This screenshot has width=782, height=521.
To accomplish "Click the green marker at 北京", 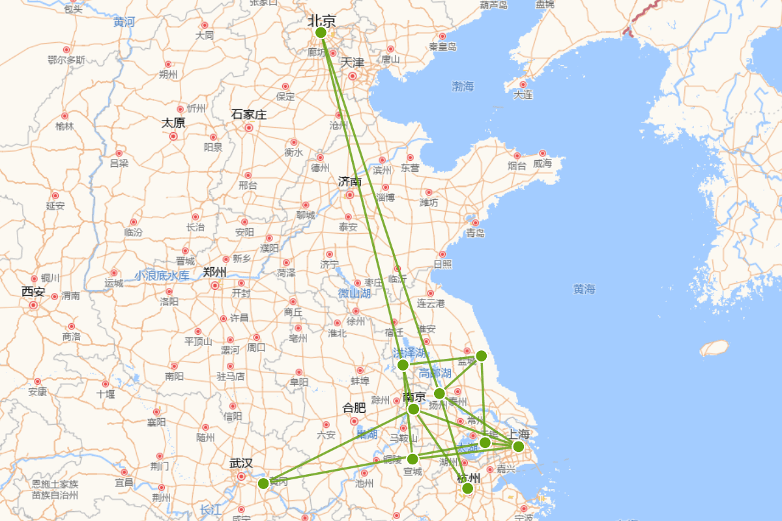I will (x=321, y=33).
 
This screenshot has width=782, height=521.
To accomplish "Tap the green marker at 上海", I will (x=518, y=446).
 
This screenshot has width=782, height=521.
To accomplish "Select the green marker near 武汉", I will (x=263, y=483).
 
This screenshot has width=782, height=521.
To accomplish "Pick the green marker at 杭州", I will (x=467, y=488).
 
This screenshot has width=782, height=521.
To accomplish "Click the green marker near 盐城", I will (x=481, y=356).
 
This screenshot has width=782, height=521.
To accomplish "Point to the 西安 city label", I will (x=33, y=291).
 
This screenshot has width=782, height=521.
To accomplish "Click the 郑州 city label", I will (x=214, y=272).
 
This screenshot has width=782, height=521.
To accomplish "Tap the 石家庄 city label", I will (x=249, y=115).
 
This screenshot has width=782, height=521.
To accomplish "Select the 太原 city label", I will (x=173, y=122).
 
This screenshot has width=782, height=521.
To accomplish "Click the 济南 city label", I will (x=350, y=181).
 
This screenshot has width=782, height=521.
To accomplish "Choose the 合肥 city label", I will (x=354, y=408).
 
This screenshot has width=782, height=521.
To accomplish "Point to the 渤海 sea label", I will (x=463, y=86).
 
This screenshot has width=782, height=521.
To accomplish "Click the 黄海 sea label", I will (x=584, y=289).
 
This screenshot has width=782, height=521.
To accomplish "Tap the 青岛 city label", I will (x=475, y=232).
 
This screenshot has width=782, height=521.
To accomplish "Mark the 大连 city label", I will (x=523, y=94).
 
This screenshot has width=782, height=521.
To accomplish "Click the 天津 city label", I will (x=353, y=63).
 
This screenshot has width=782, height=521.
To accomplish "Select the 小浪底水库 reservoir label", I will (x=162, y=275).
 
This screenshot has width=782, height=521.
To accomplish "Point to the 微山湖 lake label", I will (x=354, y=294).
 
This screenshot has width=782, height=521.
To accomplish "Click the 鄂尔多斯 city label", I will (x=66, y=60).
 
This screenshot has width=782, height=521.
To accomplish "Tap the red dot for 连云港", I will (x=430, y=294).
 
